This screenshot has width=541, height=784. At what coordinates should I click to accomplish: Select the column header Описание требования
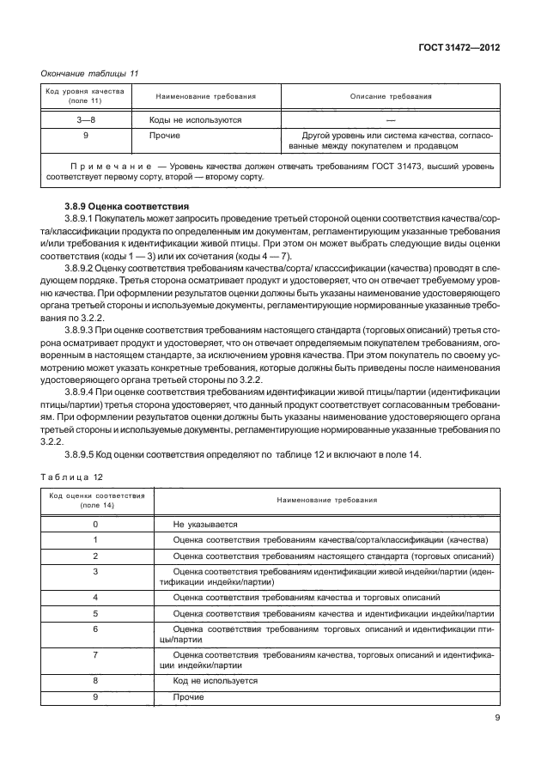pos(391,97)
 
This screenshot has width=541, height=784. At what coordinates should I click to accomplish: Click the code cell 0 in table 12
pos(95,524)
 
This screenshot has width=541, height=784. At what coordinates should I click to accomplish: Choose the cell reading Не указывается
pos(204,524)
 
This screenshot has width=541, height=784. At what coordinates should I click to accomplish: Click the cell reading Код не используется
pos(215,680)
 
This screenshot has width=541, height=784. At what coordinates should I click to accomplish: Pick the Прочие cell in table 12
pos(188,696)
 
